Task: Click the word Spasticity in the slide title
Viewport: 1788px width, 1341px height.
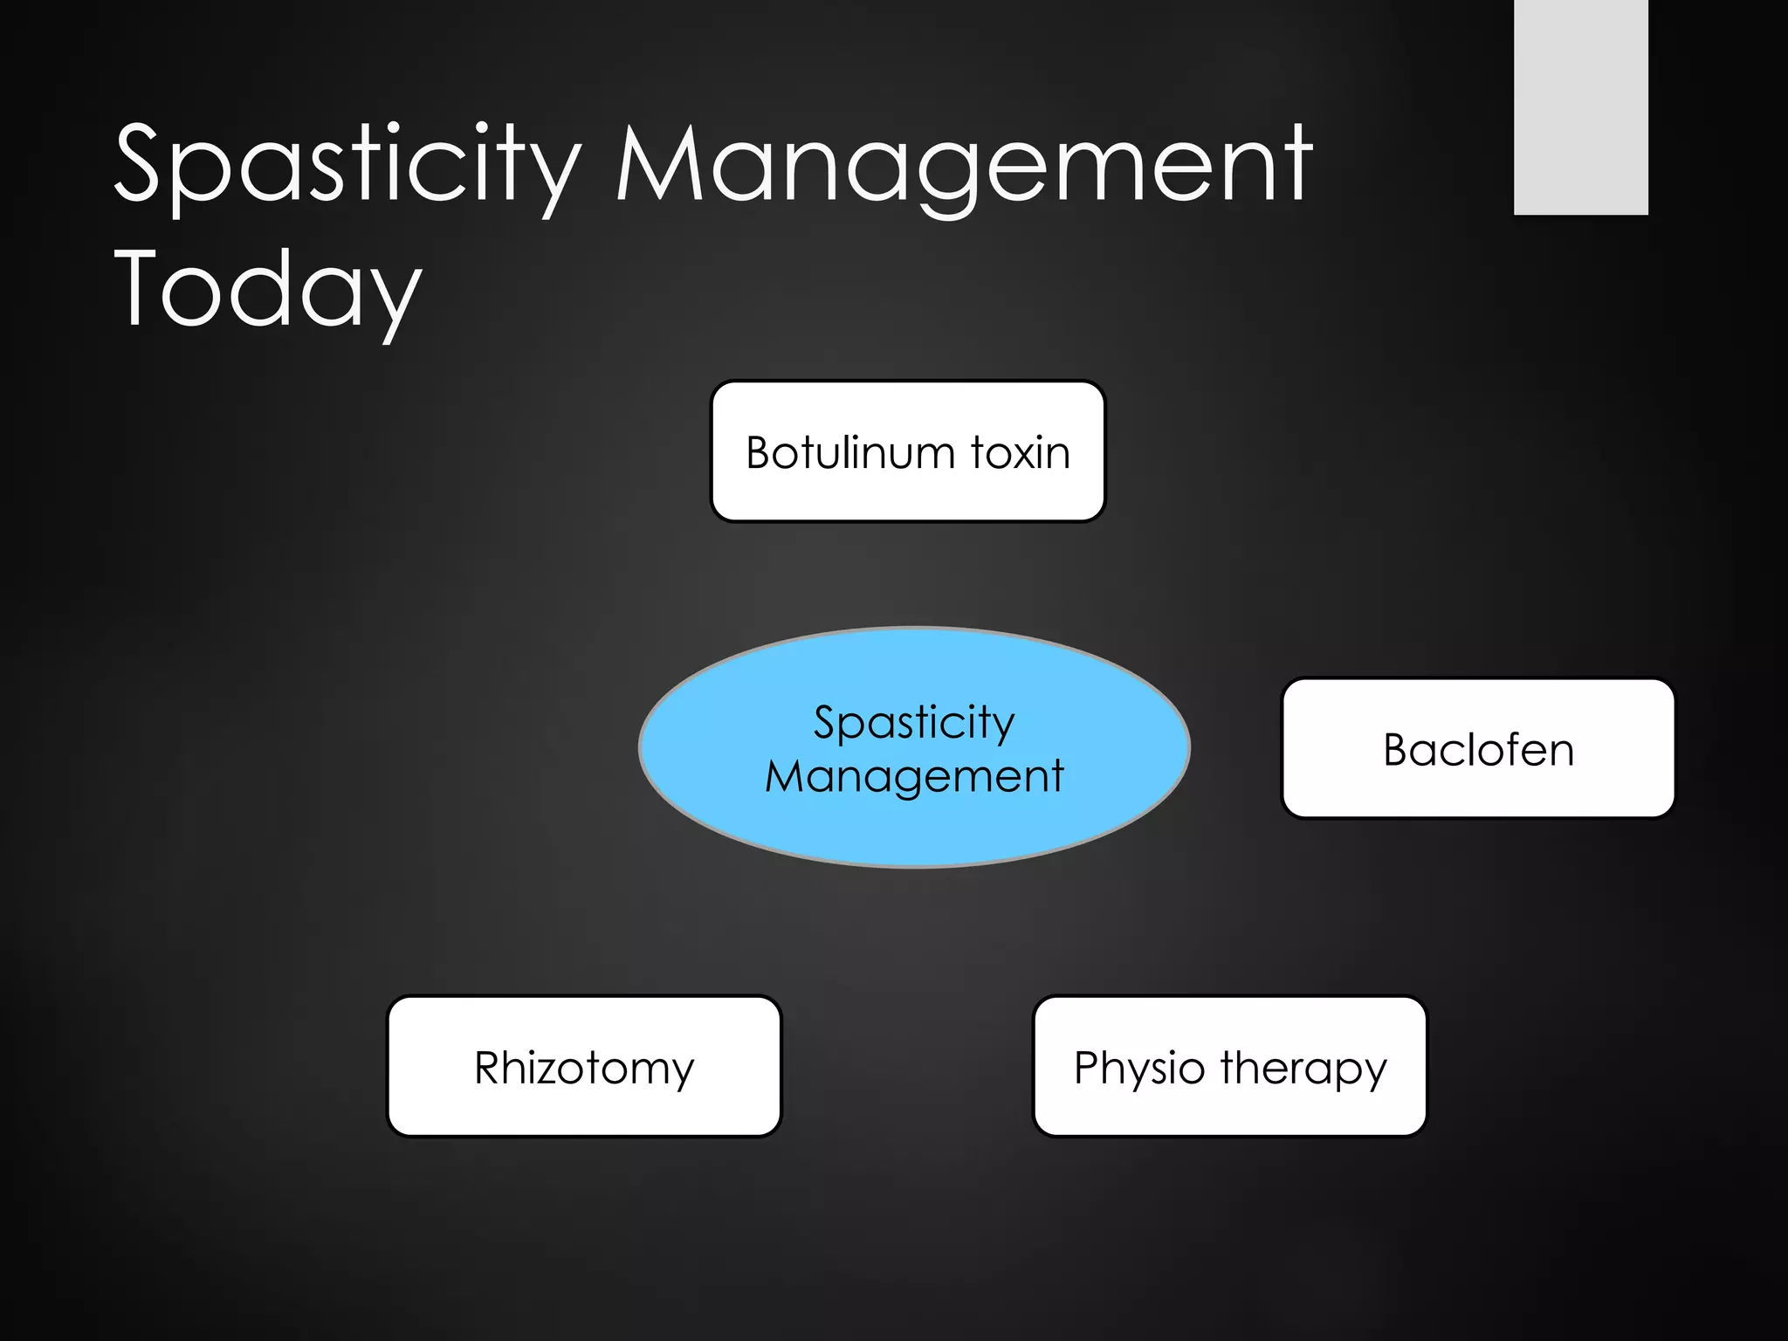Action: [x=347, y=166]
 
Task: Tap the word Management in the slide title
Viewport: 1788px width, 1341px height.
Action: [x=964, y=166]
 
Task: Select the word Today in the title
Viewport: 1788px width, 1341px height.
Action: [x=268, y=288]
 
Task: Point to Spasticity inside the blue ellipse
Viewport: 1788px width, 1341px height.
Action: [x=914, y=723]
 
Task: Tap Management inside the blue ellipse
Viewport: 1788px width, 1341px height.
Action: [x=914, y=776]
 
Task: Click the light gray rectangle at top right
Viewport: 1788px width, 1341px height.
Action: [x=1580, y=107]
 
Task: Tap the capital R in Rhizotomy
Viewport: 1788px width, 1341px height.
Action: [x=491, y=1068]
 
